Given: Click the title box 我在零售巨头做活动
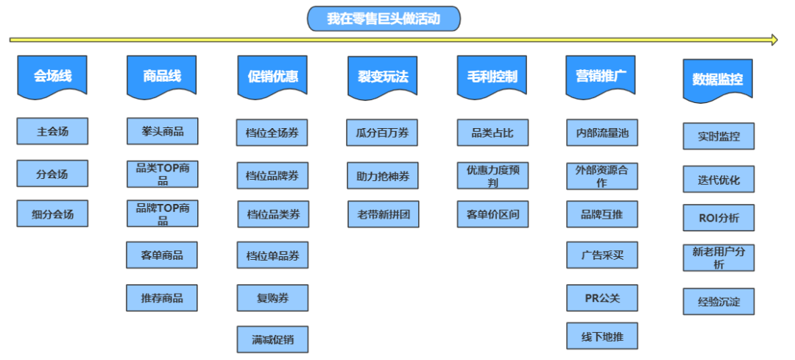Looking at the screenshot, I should click(x=384, y=18).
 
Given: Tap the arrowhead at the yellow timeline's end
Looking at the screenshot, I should click(x=773, y=40).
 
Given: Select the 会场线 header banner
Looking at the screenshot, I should click(x=52, y=75).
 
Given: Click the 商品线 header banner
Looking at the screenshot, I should click(x=161, y=75).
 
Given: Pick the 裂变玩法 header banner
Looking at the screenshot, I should click(x=382, y=77).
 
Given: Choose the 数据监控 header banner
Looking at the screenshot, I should click(x=717, y=80).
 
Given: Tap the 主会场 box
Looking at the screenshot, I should click(x=52, y=132).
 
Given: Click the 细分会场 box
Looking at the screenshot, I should click(x=52, y=213).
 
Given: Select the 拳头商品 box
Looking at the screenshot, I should click(x=162, y=132).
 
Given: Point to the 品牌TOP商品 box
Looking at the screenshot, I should click(x=162, y=213).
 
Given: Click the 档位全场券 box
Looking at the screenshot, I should click(x=272, y=133).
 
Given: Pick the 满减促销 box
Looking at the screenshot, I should click(x=272, y=339).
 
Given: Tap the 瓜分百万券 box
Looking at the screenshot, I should click(x=382, y=133).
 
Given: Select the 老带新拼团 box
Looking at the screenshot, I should click(x=383, y=214).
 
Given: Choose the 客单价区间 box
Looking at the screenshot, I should click(x=492, y=214).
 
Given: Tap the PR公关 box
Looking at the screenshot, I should click(x=601, y=297).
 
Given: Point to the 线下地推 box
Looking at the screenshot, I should click(x=601, y=336).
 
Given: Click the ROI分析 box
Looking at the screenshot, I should click(x=718, y=218).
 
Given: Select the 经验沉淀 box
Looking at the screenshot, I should click(x=718, y=301).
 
